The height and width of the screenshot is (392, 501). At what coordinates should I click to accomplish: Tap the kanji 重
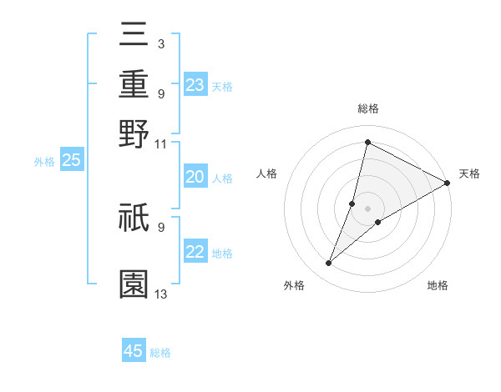134,84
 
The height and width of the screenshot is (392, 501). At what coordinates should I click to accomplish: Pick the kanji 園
134,284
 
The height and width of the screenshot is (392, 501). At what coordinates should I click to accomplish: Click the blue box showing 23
195,84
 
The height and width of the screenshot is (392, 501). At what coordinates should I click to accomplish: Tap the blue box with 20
195,177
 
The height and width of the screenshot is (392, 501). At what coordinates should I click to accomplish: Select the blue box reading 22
195,252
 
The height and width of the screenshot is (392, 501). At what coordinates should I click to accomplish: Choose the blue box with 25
72,160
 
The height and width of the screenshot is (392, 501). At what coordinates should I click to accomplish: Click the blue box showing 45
134,351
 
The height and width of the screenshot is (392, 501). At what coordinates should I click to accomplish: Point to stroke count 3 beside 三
160,42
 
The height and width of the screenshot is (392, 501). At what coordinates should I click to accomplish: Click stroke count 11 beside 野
161,143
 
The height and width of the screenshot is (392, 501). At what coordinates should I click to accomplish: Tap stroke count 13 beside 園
161,293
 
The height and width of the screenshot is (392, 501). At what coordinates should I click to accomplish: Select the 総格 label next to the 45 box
160,353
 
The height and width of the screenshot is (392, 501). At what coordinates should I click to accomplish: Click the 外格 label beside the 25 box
44,162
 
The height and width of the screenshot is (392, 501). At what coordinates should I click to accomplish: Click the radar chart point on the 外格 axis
329,264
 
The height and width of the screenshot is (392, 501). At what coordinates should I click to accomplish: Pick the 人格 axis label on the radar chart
267,173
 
